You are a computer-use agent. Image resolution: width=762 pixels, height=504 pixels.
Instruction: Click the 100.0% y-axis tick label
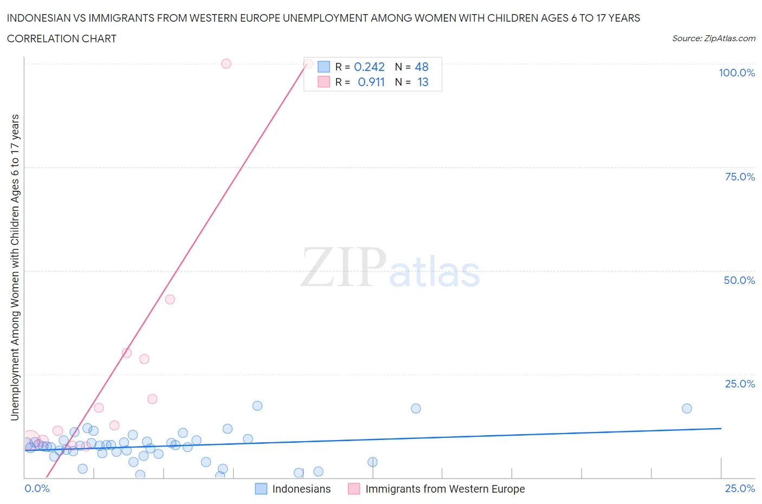tap(737, 73)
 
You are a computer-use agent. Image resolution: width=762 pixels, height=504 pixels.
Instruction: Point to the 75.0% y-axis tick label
tap(740, 177)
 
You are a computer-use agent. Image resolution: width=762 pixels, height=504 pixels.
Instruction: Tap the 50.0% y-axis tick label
tap(739, 280)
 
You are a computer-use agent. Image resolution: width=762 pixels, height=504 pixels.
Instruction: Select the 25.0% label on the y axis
tap(740, 384)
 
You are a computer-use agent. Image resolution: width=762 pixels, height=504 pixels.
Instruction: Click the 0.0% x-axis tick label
tap(37, 488)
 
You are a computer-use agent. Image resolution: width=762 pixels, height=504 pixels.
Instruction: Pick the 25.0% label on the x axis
tap(740, 488)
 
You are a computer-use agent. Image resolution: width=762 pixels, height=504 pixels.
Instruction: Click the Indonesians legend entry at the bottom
tap(301, 489)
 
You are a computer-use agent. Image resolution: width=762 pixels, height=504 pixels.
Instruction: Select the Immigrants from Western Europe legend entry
tap(445, 489)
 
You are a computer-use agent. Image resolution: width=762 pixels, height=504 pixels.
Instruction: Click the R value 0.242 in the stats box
tap(369, 67)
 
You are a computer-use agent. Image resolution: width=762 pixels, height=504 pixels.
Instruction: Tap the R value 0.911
tap(371, 82)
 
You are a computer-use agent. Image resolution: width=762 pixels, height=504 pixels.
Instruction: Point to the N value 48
tap(422, 67)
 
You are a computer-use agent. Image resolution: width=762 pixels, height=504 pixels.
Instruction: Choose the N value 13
tap(423, 82)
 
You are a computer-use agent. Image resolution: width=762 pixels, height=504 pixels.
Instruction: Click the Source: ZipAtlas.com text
tap(713, 38)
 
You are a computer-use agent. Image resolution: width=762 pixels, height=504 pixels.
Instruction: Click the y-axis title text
tap(15, 268)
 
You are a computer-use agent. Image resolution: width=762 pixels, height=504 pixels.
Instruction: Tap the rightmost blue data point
tap(687, 409)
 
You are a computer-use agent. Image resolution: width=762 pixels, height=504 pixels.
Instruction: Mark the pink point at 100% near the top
tap(226, 63)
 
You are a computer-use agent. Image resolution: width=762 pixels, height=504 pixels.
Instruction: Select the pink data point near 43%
tap(170, 299)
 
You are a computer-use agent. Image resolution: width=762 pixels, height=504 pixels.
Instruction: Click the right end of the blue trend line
tap(721, 428)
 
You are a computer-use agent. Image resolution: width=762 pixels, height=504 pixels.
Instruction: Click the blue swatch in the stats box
tap(324, 67)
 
